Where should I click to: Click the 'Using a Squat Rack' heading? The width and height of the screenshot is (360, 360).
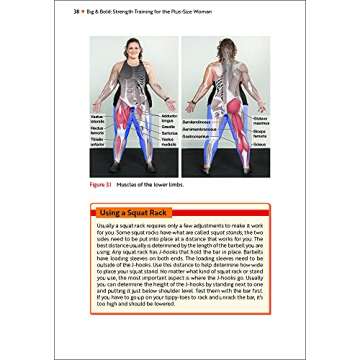[129, 210]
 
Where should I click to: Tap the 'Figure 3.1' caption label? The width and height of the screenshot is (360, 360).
[102, 186]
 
